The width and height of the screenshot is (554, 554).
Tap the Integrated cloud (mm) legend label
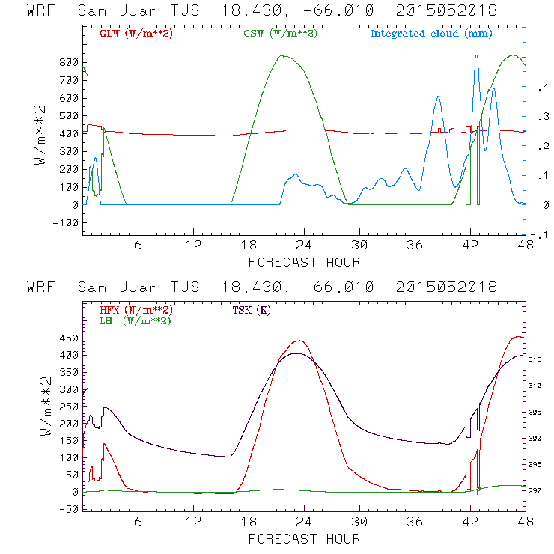coord(430,33)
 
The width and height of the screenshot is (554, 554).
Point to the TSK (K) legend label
coord(252,310)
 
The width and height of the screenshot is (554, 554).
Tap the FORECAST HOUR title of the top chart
coord(304,262)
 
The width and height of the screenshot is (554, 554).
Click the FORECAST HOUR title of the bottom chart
coord(304,539)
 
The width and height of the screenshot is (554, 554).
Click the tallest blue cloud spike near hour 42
coord(476,57)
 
